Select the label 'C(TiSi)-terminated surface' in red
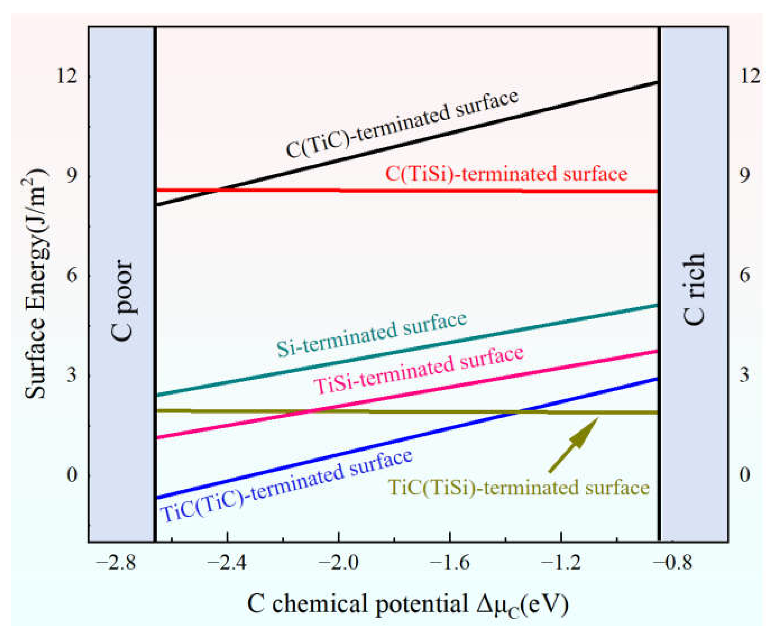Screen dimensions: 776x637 (506, 173)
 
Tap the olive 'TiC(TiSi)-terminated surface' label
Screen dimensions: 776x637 (519, 488)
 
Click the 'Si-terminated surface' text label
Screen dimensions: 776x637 (371, 335)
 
